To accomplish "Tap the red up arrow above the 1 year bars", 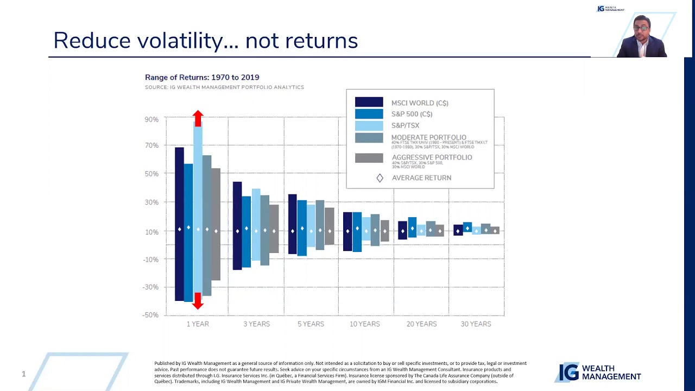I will (x=198, y=118).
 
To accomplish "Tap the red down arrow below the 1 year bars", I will (x=198, y=301).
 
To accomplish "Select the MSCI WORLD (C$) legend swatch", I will (x=369, y=102).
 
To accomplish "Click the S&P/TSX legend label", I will (x=405, y=125).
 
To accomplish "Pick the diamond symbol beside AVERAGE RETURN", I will (x=380, y=178).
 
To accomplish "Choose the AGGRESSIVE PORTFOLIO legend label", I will (x=432, y=157).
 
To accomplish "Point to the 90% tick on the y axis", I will (x=151, y=119).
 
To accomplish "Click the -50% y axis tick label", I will (x=151, y=315).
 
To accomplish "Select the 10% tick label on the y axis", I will (x=151, y=232).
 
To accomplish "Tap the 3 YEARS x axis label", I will (x=256, y=324).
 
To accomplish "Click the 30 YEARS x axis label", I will (x=476, y=324).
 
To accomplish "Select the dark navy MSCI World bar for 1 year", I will (x=179, y=224).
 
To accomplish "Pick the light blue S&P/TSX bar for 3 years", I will (x=256, y=224).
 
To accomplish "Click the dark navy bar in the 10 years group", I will (x=347, y=231).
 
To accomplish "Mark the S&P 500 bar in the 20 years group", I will (x=412, y=227).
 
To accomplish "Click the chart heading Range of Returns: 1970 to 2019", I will (x=202, y=78).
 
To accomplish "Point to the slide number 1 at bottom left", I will (x=23, y=374).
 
